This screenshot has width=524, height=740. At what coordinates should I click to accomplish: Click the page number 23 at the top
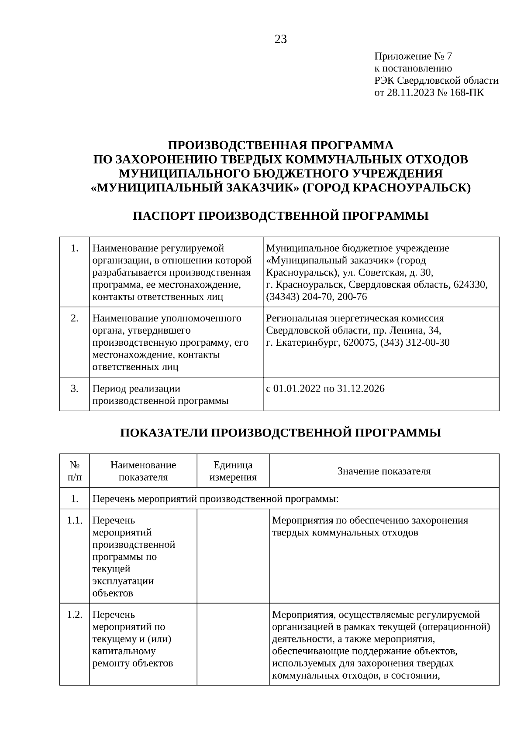tap(281, 40)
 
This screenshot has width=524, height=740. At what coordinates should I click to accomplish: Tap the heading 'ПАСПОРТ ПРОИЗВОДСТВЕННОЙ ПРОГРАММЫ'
tap(281, 216)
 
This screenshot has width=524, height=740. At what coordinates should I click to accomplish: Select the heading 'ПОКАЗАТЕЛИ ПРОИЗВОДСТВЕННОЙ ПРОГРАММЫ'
tap(281, 433)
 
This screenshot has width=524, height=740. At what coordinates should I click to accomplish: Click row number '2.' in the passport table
tap(75, 318)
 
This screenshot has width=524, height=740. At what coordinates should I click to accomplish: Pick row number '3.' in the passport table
tap(75, 389)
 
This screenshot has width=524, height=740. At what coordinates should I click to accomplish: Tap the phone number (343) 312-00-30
tap(415, 342)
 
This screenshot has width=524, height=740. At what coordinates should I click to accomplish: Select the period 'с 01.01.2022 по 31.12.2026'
tap(325, 389)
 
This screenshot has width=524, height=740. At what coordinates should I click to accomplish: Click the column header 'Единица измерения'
tap(233, 471)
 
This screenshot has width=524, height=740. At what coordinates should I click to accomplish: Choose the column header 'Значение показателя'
tap(384, 471)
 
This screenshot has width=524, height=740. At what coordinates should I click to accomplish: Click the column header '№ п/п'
tap(75, 471)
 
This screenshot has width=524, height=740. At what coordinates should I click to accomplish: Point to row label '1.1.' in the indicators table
tap(75, 521)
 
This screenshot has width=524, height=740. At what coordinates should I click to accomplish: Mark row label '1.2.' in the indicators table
tap(75, 615)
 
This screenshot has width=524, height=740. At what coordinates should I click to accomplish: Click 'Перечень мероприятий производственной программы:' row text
tap(216, 498)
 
